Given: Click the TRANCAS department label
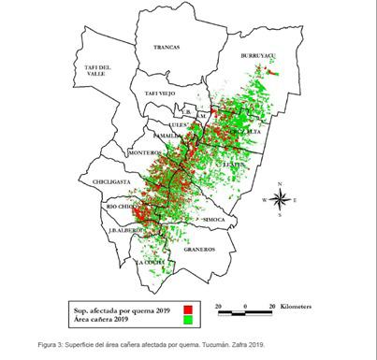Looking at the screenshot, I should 167,44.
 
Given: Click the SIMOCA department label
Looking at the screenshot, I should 214,220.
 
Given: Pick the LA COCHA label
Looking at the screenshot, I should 152,263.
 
